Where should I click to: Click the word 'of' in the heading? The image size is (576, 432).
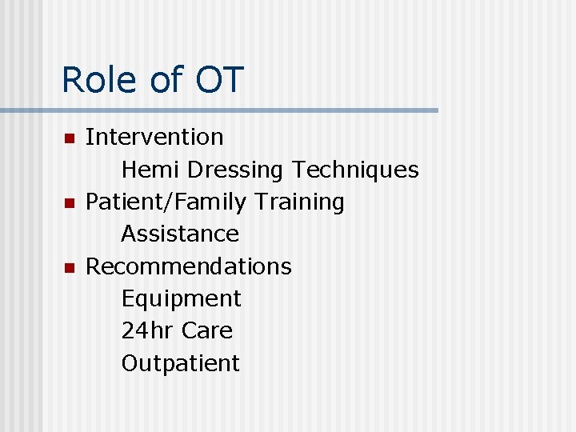coord(166,80)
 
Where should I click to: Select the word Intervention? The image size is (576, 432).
coord(154,137)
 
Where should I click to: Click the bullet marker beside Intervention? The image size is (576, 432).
coord(70,138)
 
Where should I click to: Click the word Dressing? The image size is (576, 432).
coord(235,170)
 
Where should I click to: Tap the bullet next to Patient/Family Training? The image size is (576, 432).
coord(70,203)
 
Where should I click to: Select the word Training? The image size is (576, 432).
coord(299,202)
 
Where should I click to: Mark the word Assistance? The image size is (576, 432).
coord(180,234)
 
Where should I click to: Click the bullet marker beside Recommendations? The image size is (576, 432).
coord(70,267)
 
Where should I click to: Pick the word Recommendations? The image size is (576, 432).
coord(188,266)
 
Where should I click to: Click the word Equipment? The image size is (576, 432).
coord(181,299)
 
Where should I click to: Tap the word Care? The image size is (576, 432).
coord(207,330)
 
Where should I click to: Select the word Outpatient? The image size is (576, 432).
coord(180,363)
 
